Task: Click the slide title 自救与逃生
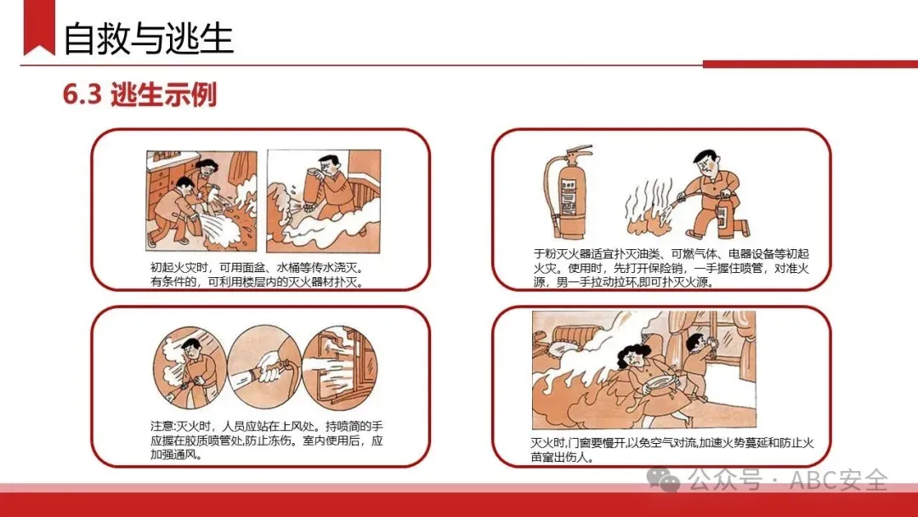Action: click(148, 38)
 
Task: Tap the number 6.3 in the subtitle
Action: click(82, 94)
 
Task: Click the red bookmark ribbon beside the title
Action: click(38, 27)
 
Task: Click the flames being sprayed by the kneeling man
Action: click(650, 213)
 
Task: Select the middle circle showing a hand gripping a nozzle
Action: click(264, 367)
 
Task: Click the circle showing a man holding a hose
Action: click(190, 367)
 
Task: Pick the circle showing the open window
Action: click(340, 367)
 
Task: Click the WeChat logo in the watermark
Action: click(663, 480)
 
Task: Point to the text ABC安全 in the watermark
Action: click(838, 480)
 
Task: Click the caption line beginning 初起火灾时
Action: click(257, 268)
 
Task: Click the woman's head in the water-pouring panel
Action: click(206, 168)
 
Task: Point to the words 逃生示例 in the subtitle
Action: click(164, 94)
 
